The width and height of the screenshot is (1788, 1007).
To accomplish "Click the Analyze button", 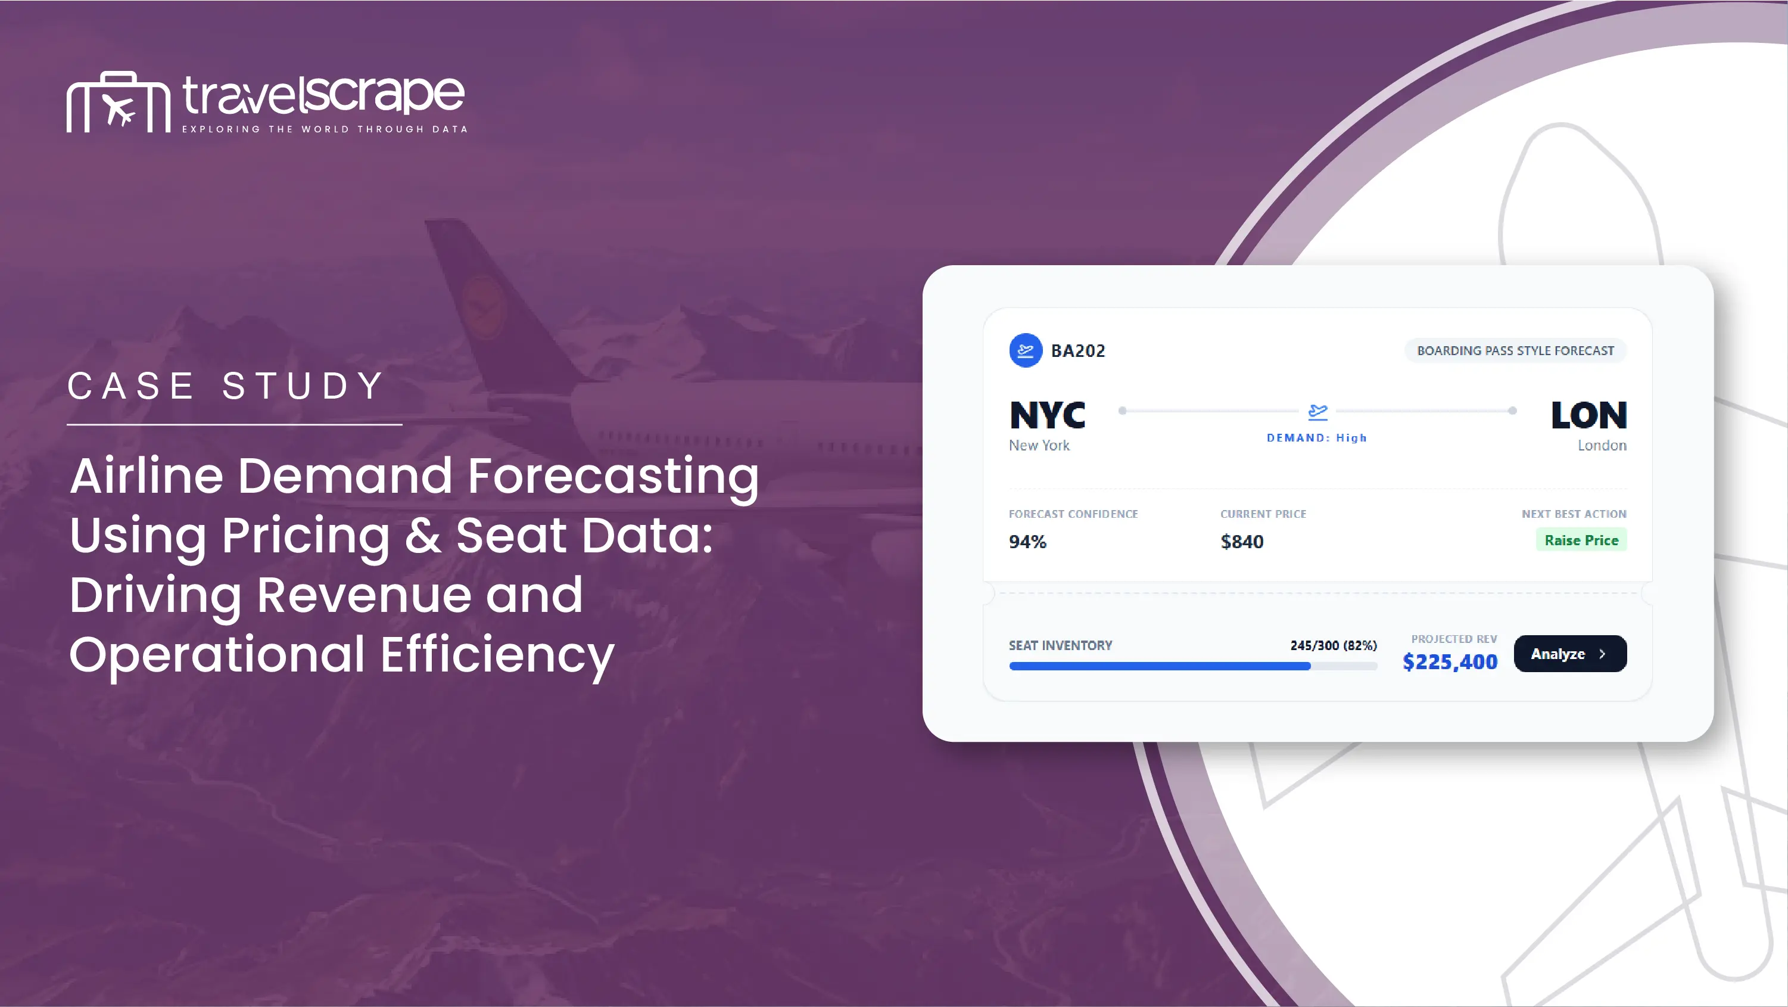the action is coord(1570,654).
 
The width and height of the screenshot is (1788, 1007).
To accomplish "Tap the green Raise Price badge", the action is coord(1581,540).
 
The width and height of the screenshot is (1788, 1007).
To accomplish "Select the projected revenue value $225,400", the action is coord(1450,662).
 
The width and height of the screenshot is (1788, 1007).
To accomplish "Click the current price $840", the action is coord(1242,542).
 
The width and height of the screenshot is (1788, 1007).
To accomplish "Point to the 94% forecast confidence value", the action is coord(1027,542).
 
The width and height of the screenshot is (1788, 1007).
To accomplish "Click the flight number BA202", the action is coord(1078,351).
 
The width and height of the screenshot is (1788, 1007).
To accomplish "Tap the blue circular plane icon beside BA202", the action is coord(1026,351).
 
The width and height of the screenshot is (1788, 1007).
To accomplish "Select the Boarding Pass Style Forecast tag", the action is coord(1515,351).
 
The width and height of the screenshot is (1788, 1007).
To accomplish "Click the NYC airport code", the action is coord(1048,415).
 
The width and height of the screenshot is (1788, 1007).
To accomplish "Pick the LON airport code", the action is coord(1589,415).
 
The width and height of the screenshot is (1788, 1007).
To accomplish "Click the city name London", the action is coord(1602,445).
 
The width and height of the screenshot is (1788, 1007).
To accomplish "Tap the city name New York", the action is coord(1039,445).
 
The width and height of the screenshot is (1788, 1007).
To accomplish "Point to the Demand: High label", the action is coord(1317,437).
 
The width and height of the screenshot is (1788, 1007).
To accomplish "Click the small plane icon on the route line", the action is coord(1317,412).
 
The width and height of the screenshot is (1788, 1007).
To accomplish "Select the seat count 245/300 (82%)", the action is coord(1334,645).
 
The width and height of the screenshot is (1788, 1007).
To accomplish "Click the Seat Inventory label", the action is coord(1061,645).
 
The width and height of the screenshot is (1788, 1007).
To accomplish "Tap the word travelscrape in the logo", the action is coord(323,95).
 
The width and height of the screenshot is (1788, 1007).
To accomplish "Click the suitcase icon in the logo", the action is coord(118,102).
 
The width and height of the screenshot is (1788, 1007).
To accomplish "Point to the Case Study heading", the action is coord(226,386).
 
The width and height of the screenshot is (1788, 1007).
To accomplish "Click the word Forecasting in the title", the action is coord(613,477).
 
